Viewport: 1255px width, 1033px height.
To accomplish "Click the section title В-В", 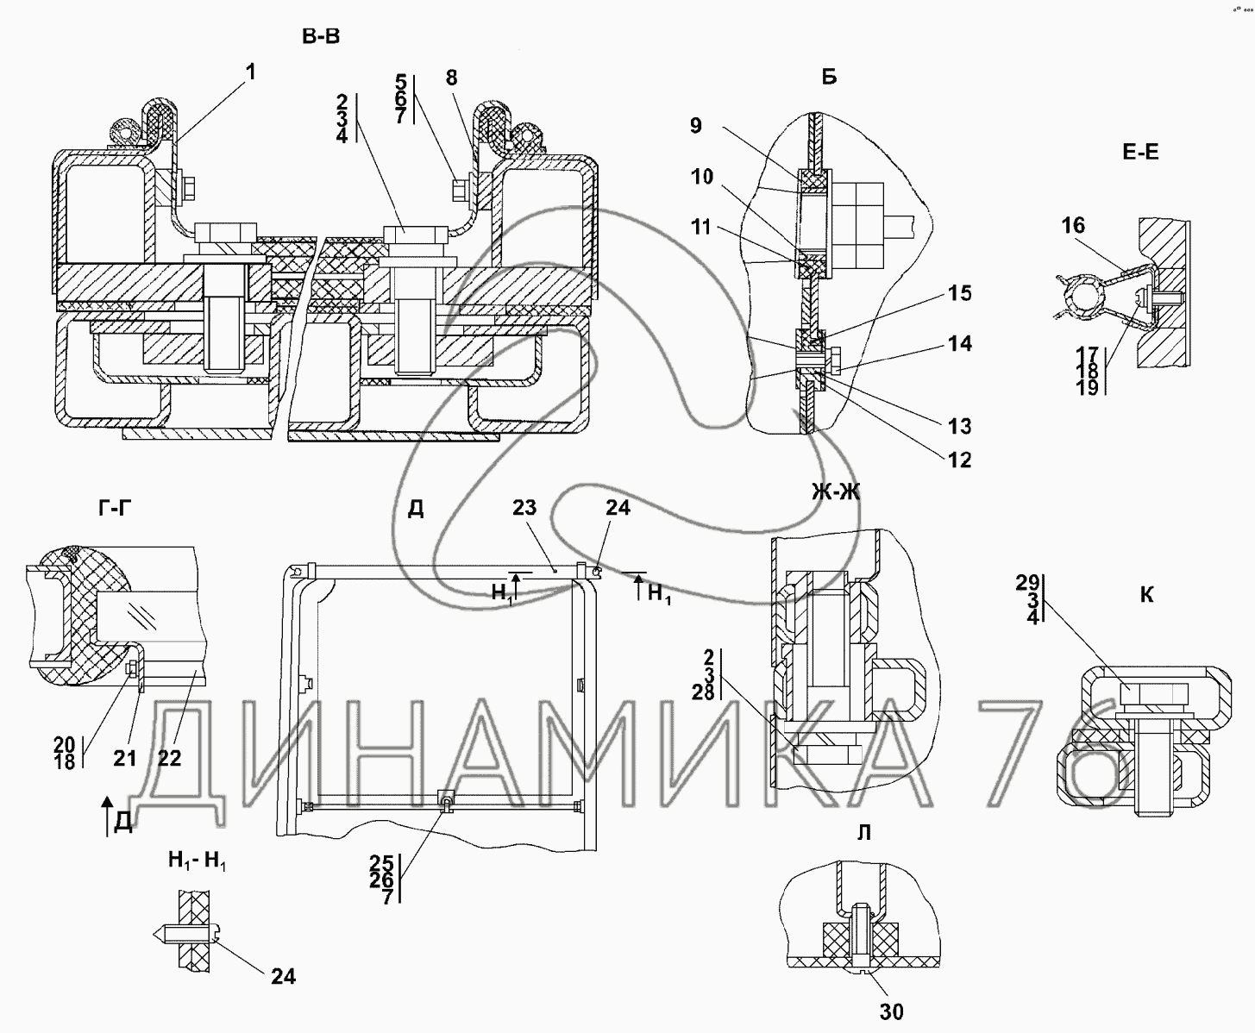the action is [x=321, y=37].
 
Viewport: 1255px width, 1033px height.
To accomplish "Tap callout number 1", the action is [x=250, y=72].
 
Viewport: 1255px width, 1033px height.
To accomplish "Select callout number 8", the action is [x=452, y=78].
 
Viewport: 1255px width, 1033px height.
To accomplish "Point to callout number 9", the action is [x=696, y=126].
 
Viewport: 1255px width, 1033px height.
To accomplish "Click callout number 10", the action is [x=702, y=176].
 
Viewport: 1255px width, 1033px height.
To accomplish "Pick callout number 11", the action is [x=701, y=227].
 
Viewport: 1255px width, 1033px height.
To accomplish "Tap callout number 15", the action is [x=960, y=293].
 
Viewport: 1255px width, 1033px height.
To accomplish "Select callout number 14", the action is [x=960, y=343].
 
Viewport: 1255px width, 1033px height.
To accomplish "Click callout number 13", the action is [x=960, y=426].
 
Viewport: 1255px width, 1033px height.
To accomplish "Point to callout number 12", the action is [x=960, y=460].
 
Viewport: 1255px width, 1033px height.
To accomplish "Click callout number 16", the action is [x=1074, y=225].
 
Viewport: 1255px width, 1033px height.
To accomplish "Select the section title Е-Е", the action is [x=1141, y=153].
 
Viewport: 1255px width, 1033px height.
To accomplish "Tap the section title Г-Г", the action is [x=115, y=508].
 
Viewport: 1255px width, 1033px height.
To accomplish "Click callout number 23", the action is [x=524, y=508].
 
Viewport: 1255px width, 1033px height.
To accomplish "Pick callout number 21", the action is [x=125, y=759].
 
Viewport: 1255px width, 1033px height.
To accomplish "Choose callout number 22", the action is [x=170, y=758].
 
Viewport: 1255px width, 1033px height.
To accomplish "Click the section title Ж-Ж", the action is [x=836, y=491].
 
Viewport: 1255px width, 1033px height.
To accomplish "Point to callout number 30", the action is [x=891, y=1011].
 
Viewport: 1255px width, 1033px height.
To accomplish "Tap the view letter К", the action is [x=1146, y=595].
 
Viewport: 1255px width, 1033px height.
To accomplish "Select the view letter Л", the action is [x=864, y=833].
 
